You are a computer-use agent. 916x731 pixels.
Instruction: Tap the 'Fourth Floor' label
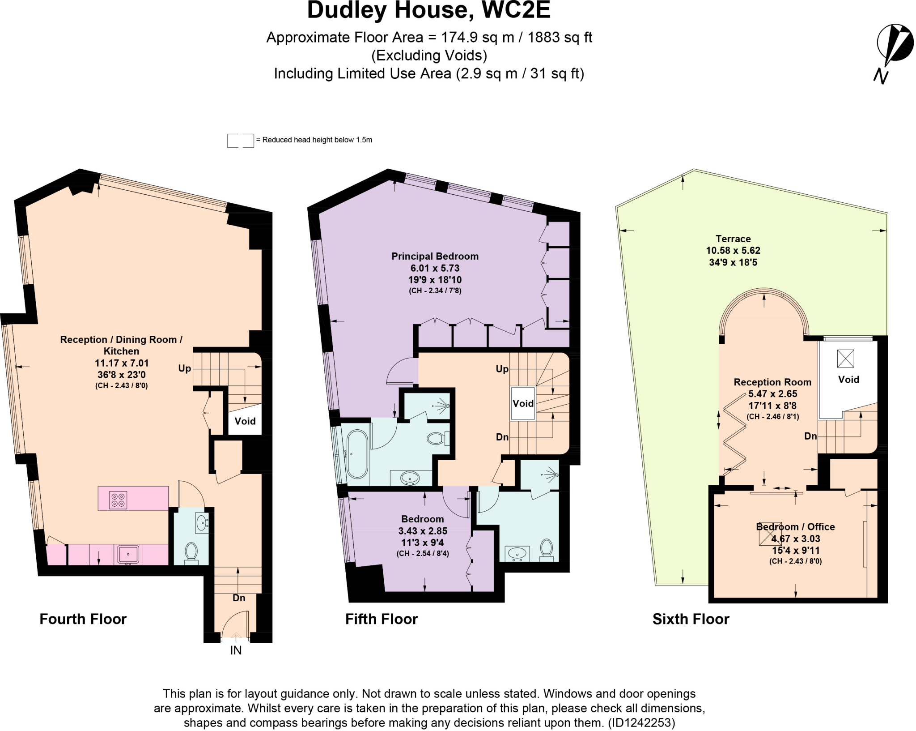point(83,619)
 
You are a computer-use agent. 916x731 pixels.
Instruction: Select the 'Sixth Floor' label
point(691,619)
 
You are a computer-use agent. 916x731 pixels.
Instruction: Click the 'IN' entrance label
point(236,650)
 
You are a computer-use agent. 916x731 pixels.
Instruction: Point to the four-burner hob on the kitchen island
point(119,500)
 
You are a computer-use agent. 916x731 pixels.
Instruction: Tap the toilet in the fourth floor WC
point(191,551)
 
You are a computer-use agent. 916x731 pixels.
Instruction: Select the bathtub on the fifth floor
point(357,454)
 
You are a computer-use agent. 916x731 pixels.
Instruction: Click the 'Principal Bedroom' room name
point(435,256)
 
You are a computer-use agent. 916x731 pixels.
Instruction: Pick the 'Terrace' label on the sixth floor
point(733,239)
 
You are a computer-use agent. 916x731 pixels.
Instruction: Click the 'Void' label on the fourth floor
point(245,421)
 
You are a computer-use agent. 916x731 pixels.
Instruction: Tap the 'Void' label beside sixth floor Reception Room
point(848,380)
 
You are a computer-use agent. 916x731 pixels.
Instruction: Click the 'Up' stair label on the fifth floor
point(502,369)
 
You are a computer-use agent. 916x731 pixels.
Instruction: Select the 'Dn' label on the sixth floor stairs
point(810,436)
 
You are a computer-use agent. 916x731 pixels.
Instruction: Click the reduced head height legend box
point(240,141)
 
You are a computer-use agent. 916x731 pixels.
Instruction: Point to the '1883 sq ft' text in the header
point(560,37)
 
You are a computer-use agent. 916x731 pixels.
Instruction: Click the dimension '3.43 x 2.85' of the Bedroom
point(423,531)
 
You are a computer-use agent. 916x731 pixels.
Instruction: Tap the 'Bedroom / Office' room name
point(795,527)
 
